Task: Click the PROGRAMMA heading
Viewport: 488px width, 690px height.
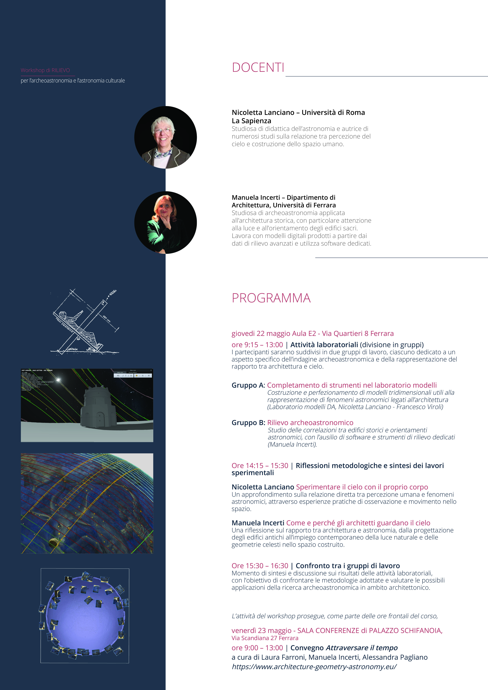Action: point(271,298)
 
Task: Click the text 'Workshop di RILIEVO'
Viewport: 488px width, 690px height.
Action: point(45,70)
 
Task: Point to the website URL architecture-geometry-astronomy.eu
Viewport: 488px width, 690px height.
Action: point(314,666)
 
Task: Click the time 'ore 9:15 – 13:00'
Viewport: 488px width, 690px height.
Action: point(257,345)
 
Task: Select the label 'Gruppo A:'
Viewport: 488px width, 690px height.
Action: point(248,385)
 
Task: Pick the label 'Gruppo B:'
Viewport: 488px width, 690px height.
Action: point(248,423)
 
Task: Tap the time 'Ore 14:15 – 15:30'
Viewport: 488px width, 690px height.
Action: point(260,466)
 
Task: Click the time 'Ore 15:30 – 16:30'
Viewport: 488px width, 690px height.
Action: point(260,566)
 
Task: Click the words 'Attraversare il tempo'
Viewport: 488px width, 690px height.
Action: point(362,648)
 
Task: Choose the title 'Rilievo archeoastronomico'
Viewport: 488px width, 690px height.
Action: point(310,423)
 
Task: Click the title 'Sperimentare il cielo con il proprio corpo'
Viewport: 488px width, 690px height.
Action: point(362,487)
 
